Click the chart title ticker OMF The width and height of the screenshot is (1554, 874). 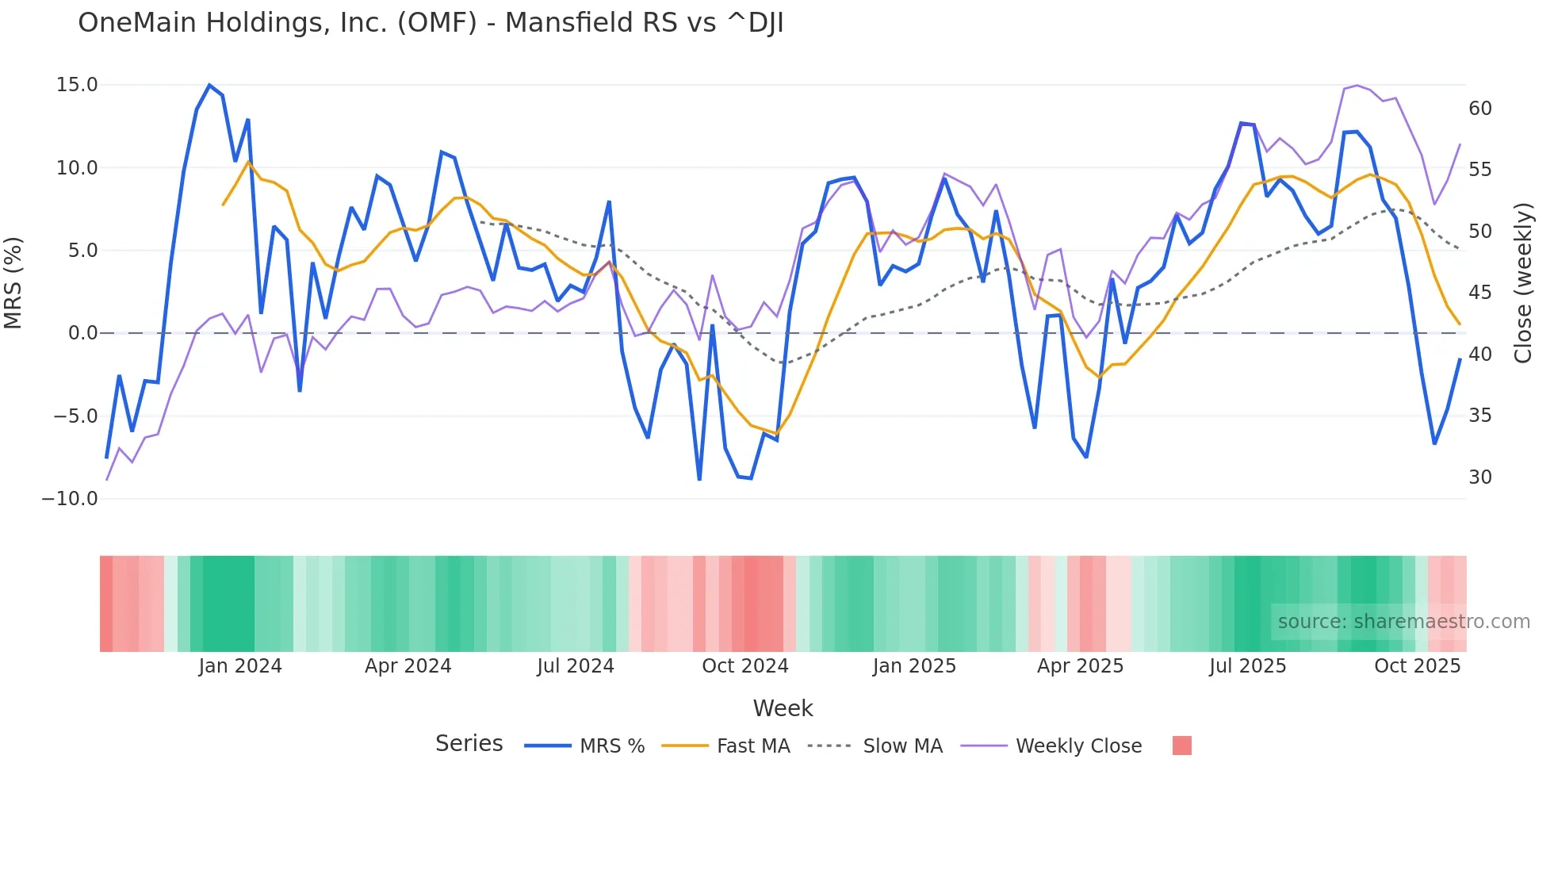click(x=437, y=22)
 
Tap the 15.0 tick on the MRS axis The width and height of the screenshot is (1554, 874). click(x=77, y=85)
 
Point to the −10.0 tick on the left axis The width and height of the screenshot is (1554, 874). click(x=70, y=499)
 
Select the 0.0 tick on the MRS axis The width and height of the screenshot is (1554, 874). click(x=82, y=333)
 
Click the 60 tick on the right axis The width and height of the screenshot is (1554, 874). click(x=1479, y=109)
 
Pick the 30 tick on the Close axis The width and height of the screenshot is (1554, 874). click(x=1479, y=477)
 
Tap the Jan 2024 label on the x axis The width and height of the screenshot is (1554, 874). click(x=240, y=666)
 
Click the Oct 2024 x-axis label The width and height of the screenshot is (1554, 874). click(x=745, y=666)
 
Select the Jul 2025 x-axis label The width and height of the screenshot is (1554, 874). click(x=1248, y=666)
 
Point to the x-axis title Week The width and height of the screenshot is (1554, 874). click(x=783, y=708)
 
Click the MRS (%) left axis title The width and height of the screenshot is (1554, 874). click(x=13, y=282)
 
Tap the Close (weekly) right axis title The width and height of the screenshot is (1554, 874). click(x=1523, y=282)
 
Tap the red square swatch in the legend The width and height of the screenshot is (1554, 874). click(x=1181, y=746)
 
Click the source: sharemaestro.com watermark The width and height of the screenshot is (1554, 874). click(x=1403, y=622)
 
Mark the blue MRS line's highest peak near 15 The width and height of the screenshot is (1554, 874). click(x=209, y=85)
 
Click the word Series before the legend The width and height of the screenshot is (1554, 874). click(x=469, y=744)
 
